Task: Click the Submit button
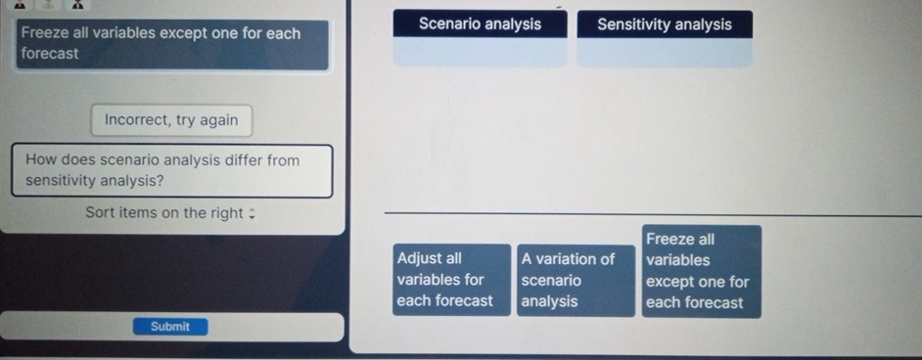(170, 327)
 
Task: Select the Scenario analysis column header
(480, 24)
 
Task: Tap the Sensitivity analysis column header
(665, 24)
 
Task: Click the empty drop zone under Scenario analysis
(480, 53)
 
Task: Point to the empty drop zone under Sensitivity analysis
(665, 53)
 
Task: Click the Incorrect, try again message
(171, 120)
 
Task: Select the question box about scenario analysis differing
(171, 170)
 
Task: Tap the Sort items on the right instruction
(163, 212)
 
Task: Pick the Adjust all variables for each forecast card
(452, 281)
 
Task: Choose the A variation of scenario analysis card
(576, 281)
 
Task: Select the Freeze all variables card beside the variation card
(701, 271)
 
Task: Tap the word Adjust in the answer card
(419, 259)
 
